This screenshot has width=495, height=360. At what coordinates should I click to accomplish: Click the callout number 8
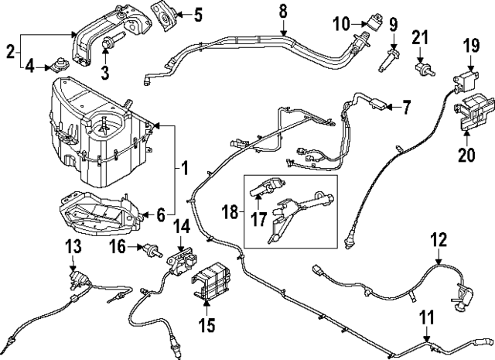point(282,11)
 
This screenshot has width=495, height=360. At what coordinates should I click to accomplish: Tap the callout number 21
point(420,37)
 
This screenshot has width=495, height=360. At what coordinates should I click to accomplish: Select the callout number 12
point(439,241)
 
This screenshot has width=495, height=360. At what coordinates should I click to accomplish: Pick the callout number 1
point(183,166)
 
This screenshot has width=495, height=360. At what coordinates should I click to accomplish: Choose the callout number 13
point(73,246)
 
